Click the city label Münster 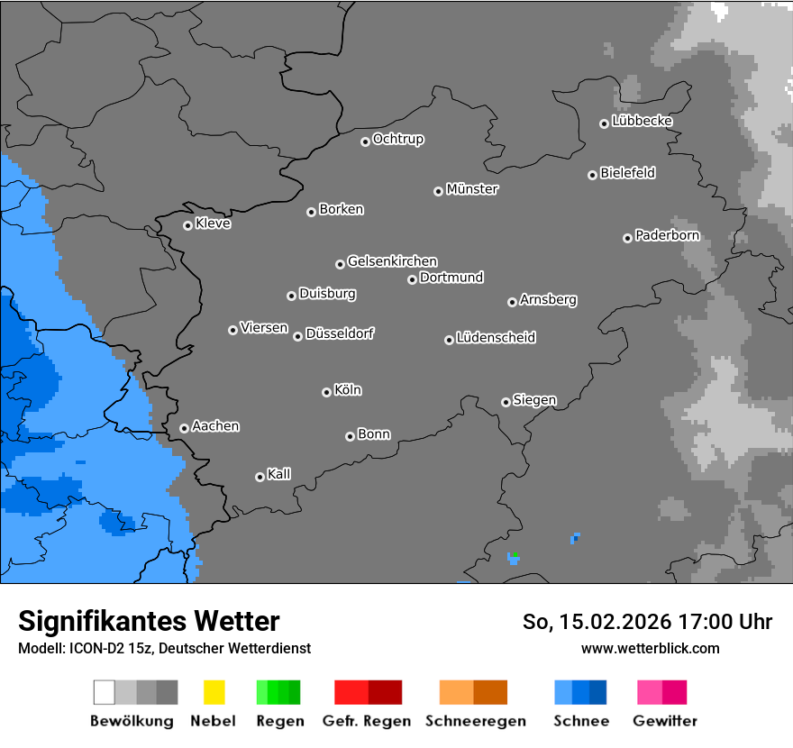pos(472,189)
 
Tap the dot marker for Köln pos(326,392)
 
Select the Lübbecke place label pos(642,121)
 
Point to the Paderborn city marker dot pos(627,238)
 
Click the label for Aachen pos(215,426)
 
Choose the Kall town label pos(279,474)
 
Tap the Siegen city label pos(534,400)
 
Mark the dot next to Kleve pos(187,225)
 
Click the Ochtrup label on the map pos(398,139)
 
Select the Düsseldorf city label pos(340,333)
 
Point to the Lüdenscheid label pos(496,338)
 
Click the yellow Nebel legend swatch pos(214,692)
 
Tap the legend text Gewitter pos(665,721)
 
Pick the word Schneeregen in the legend pos(476,721)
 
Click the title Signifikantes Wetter pos(149,621)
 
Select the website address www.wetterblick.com pos(650,648)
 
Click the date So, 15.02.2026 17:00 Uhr pos(647,622)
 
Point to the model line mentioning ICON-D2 pos(164,648)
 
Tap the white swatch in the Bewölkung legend pos(104,692)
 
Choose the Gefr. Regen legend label pos(366,721)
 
